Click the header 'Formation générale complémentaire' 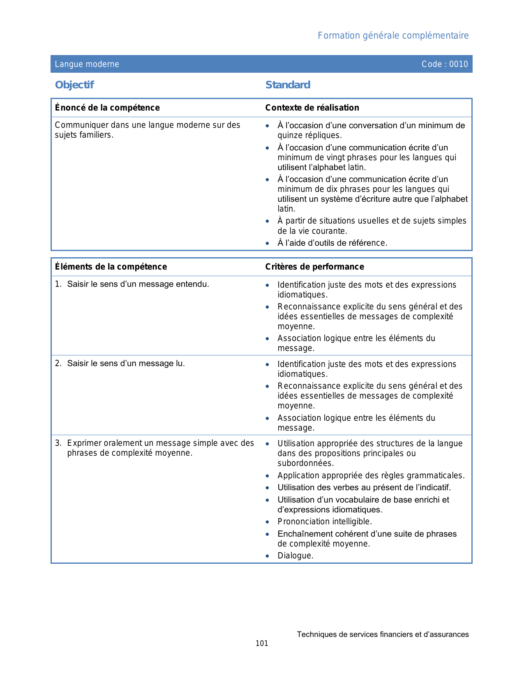393,36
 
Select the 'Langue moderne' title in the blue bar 87,64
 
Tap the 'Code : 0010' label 445,64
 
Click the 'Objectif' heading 74,85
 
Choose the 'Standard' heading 288,85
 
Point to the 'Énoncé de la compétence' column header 107,108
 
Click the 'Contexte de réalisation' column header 312,108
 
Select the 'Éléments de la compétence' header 111,267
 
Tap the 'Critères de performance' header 314,267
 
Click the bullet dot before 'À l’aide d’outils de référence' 268,243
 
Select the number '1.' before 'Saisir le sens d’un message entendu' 58,284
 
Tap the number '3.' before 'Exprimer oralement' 58,443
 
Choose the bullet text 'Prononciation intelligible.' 325,522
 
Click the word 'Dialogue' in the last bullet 294,556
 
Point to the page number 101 262,643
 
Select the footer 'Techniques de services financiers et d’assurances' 383,634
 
